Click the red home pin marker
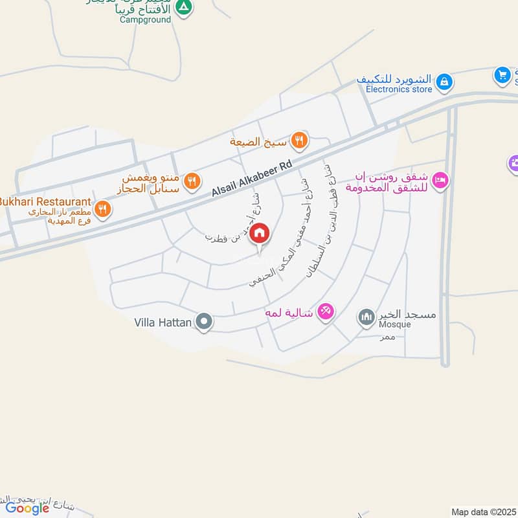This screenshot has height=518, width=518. [x=260, y=234]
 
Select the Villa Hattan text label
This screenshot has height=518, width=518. [x=163, y=321]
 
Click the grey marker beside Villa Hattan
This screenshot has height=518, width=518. [x=205, y=321]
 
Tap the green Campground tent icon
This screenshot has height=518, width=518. [x=185, y=7]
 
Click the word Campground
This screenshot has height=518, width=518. [x=145, y=19]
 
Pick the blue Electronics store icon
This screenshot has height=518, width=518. [x=444, y=82]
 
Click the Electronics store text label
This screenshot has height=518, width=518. [x=399, y=89]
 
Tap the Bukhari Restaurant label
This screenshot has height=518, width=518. [x=45, y=201]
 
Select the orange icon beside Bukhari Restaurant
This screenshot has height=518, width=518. [x=102, y=208]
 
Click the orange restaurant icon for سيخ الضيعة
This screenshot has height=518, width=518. [x=298, y=139]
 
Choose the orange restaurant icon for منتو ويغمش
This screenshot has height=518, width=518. [x=191, y=182]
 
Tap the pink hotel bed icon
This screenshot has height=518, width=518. [x=440, y=181]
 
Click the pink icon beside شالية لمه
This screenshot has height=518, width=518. [x=326, y=312]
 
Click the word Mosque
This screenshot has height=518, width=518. [x=395, y=324]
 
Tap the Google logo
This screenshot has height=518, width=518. [x=27, y=508]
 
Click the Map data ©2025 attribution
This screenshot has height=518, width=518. [x=484, y=512]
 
